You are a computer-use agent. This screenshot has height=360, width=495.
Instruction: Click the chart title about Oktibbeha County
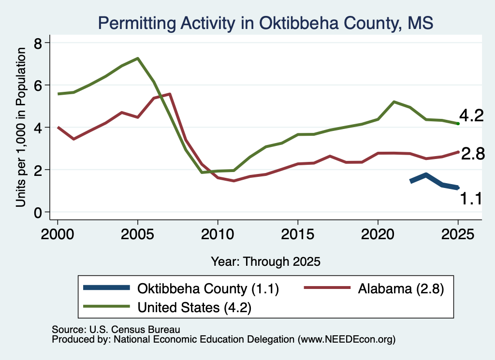pos(265,23)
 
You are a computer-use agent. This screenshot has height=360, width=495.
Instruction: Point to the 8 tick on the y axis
pos(38,43)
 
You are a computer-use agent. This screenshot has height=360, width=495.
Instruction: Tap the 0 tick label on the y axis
pos(38,213)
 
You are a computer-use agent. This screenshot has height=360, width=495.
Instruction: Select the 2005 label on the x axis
pos(137,234)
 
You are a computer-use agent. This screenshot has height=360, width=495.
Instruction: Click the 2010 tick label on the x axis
pos(218,234)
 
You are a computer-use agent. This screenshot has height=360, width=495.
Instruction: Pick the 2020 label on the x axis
pos(378,234)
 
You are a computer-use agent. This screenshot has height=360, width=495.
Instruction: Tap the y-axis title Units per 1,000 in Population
pos(21,127)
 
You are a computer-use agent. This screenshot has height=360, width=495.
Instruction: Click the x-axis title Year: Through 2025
pos(265,261)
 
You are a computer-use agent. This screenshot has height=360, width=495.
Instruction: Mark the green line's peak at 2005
pos(138,58)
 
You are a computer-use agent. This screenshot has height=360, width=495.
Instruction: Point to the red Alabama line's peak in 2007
pos(170,94)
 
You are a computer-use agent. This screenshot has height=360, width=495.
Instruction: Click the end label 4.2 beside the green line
pos(471,115)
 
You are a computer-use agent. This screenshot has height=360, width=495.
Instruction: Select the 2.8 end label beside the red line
pos(473,154)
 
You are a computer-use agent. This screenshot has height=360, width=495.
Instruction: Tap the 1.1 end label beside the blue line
pos(471,199)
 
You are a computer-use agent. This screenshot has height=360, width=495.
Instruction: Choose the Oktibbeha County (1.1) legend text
pos(208,289)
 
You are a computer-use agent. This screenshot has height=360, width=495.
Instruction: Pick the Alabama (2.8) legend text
pos(401,289)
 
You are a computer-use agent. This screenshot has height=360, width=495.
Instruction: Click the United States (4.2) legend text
pos(194,308)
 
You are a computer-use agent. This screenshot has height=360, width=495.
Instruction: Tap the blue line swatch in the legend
pos(106,288)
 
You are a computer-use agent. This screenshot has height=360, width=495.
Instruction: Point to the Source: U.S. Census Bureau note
pos(116,330)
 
